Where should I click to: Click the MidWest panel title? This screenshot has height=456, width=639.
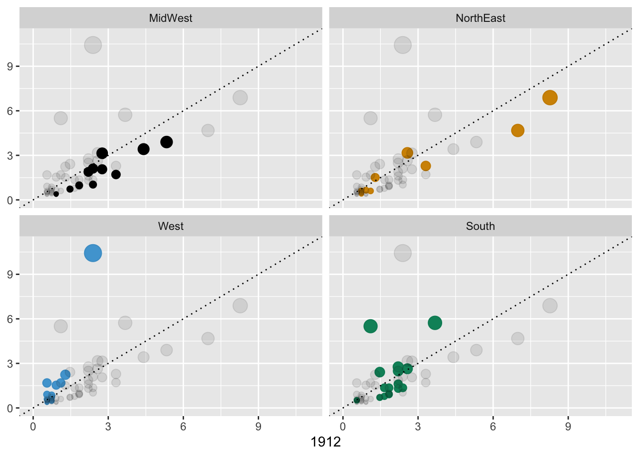[171, 18]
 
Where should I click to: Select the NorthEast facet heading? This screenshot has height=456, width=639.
[480, 18]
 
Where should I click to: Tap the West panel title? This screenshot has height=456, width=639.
[171, 226]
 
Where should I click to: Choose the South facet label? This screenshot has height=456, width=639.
[480, 226]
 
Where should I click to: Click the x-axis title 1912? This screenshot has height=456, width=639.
[326, 442]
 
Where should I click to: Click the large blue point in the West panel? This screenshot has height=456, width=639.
[93, 253]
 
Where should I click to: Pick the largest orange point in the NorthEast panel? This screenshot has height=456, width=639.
[550, 97]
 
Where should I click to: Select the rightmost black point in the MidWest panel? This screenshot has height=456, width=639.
[166, 142]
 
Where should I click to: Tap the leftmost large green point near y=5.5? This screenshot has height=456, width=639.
[370, 326]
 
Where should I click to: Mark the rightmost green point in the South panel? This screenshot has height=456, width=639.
[435, 323]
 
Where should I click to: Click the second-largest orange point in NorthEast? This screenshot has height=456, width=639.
[518, 130]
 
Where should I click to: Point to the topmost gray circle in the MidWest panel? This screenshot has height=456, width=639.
[93, 45]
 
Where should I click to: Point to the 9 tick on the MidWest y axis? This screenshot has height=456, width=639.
[10, 66]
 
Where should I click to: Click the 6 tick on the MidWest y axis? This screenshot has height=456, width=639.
[10, 111]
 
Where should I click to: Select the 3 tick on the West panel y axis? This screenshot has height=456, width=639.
[10, 364]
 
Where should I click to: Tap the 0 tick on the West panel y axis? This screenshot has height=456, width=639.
[10, 408]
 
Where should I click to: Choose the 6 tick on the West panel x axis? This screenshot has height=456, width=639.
[183, 427]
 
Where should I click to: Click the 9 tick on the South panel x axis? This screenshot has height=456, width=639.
[568, 427]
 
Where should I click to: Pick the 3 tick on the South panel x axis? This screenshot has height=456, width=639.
[418, 427]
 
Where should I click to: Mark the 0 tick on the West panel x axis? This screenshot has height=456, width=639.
[33, 427]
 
